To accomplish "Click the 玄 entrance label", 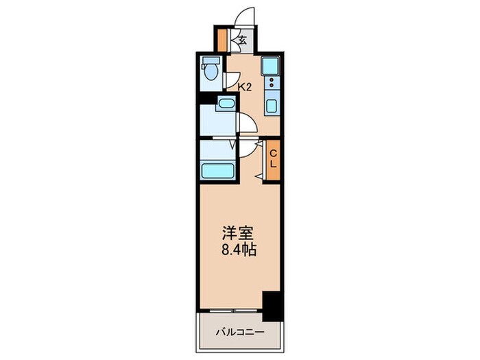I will (243, 40).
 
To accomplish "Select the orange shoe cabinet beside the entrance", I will (222, 39).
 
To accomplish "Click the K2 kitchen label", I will (244, 87).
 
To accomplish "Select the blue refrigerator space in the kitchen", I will (271, 66).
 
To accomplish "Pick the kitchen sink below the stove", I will (271, 107).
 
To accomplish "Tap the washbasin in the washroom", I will (225, 104).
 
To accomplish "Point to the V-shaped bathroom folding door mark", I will (232, 145).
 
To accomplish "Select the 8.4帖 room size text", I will (239, 250).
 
